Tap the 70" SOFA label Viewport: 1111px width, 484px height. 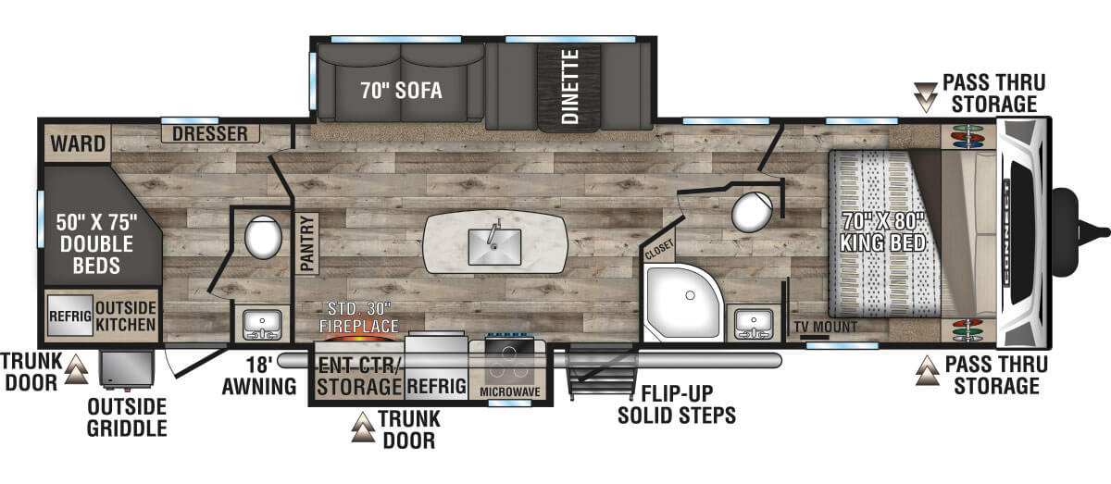[x=401, y=91]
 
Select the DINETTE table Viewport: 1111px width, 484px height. [x=569, y=87]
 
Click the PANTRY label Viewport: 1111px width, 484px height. [x=308, y=243]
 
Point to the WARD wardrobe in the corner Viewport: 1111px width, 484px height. [x=78, y=143]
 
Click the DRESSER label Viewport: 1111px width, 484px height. [x=210, y=133]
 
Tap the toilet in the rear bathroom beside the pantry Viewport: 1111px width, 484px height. [x=263, y=237]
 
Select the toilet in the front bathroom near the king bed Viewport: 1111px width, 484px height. [x=752, y=213]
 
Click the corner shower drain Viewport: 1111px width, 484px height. [x=690, y=295]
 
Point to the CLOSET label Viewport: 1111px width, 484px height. [x=659, y=250]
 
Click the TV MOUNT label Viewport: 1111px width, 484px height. [x=825, y=327]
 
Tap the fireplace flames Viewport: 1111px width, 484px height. [x=359, y=338]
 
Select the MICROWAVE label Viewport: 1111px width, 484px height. [x=510, y=391]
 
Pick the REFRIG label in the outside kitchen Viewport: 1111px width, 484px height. [x=70, y=316]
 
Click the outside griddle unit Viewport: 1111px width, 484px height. [x=127, y=369]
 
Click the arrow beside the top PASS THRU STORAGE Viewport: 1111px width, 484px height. [x=926, y=97]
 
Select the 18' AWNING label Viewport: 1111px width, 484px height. [x=259, y=376]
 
